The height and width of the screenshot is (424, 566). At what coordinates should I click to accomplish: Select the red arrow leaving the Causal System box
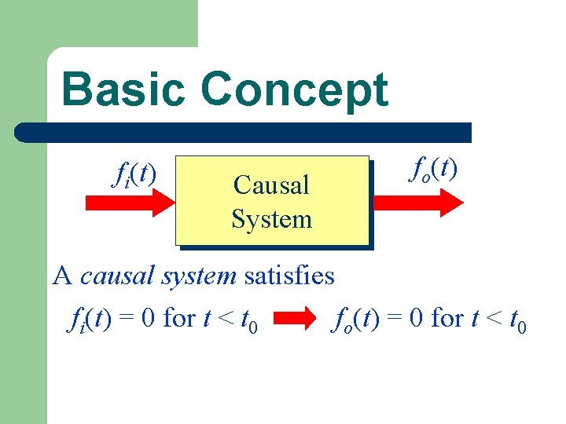[417, 203]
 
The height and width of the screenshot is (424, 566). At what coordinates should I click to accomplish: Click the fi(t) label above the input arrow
[134, 173]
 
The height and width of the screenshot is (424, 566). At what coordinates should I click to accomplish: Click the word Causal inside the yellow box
[271, 185]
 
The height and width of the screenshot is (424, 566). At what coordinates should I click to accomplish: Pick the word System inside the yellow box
[271, 219]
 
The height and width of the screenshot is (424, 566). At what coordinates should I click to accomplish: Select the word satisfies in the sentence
[289, 276]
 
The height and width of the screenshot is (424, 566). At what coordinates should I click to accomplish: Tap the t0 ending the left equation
[248, 321]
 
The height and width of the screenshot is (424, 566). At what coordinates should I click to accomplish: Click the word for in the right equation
[447, 319]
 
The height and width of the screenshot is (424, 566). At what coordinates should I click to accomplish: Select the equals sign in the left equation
[128, 320]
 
